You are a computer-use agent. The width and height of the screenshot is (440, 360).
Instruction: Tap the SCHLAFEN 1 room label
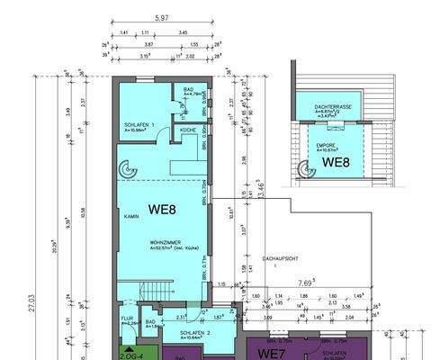[139, 124]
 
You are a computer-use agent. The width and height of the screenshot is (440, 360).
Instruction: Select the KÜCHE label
[186, 130]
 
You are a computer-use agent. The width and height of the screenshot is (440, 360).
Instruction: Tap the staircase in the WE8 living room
[144, 292]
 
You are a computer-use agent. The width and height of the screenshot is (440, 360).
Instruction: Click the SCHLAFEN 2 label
[195, 333]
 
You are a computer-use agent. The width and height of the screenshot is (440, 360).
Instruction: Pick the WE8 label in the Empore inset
[337, 163]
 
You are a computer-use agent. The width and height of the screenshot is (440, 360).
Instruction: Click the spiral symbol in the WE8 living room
[125, 166]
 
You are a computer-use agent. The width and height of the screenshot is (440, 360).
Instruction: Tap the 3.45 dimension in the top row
[184, 32]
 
